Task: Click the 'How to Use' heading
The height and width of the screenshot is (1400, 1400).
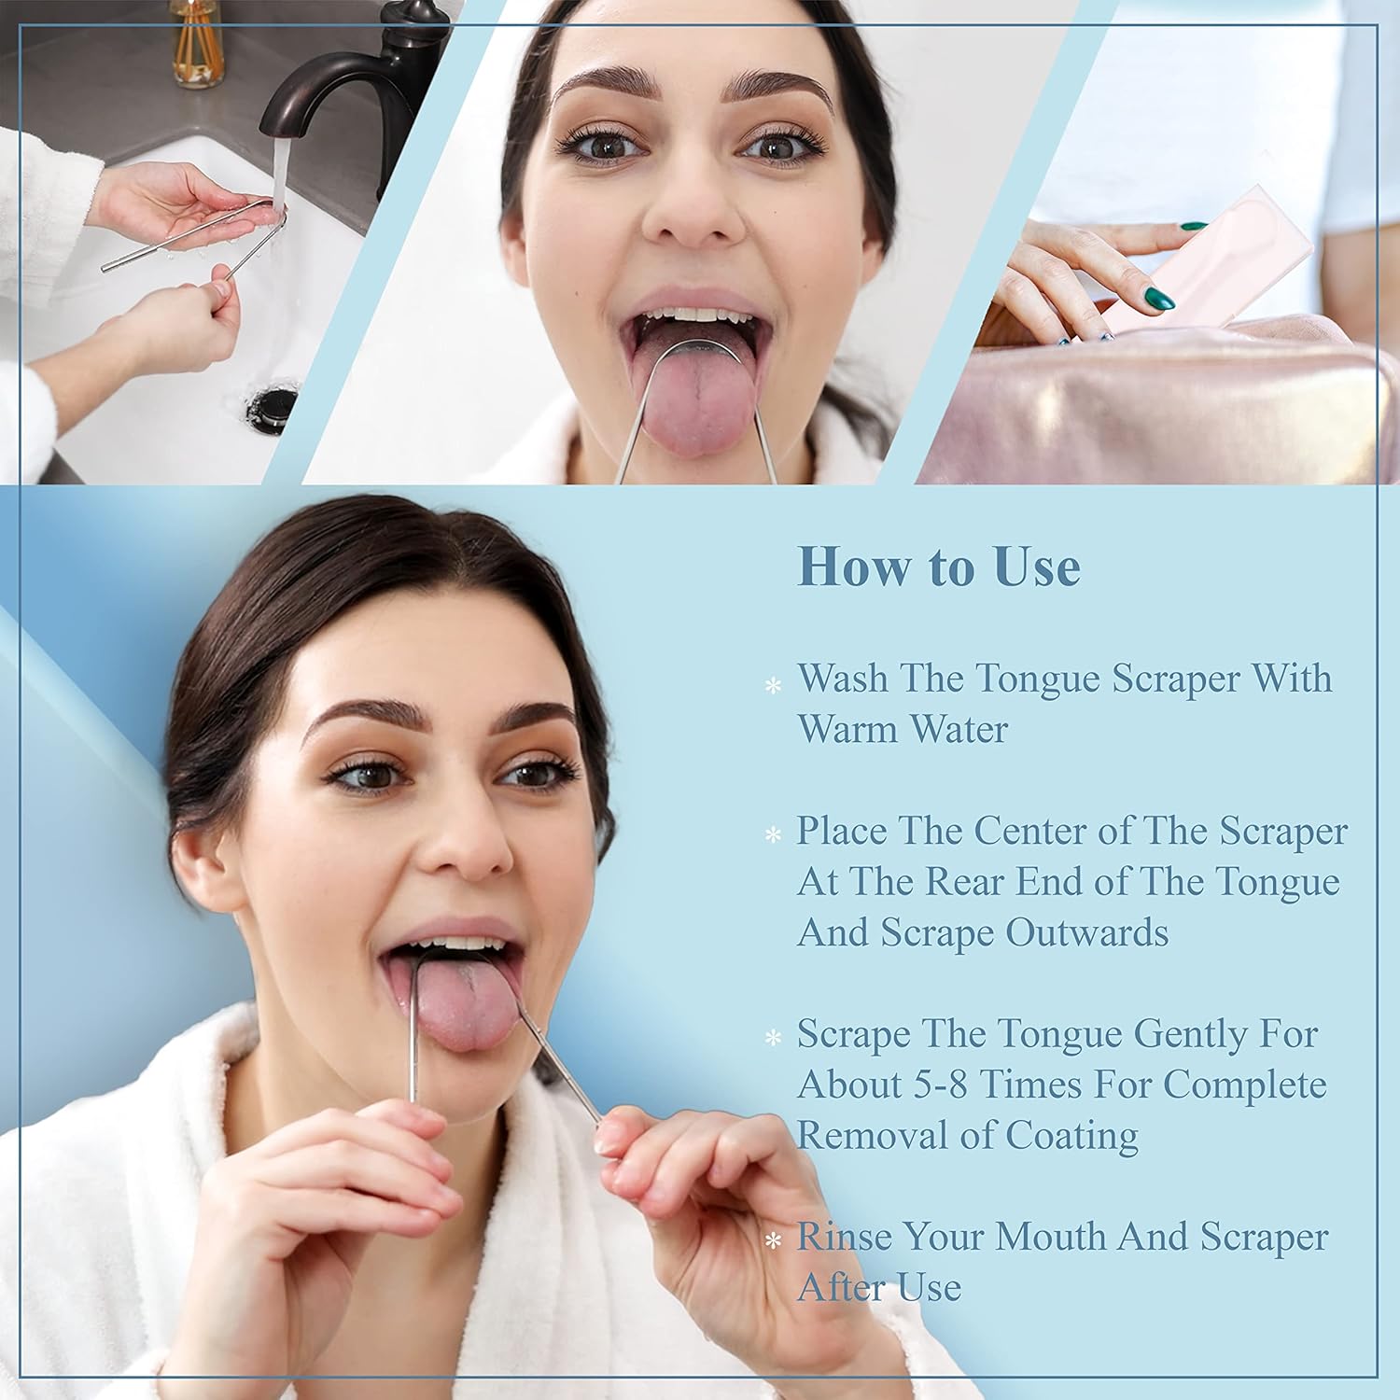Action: point(939,567)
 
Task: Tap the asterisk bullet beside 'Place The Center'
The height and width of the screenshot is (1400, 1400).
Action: point(773,834)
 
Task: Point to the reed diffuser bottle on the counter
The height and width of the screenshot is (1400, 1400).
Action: point(197,47)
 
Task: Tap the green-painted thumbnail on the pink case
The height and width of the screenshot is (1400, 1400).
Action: point(1158,299)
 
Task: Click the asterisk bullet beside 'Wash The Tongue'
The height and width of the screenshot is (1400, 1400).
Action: point(773,685)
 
